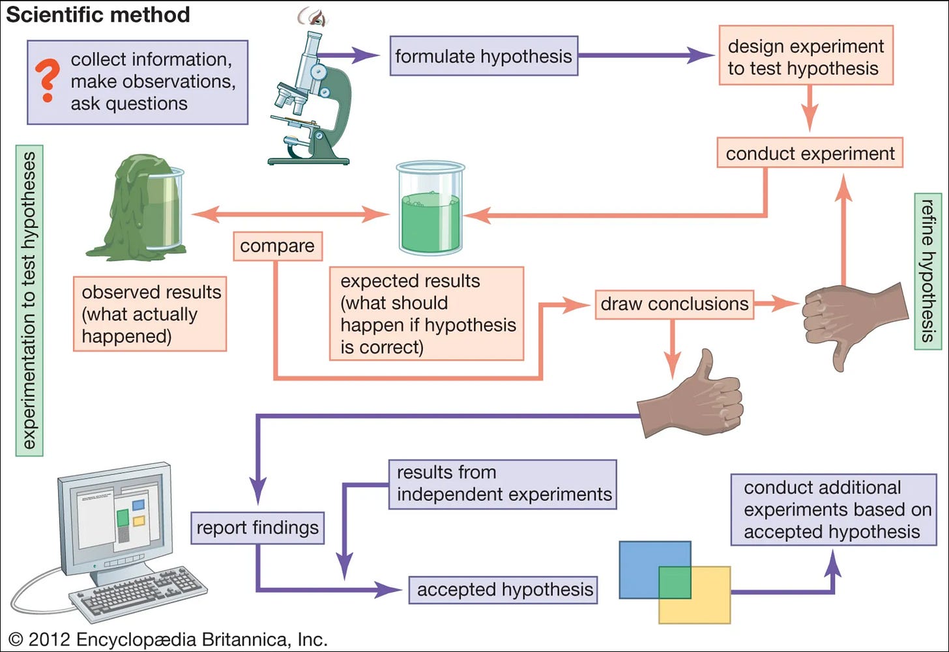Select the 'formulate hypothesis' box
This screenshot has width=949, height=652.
click(484, 56)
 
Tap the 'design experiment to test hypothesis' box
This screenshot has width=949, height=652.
click(806, 55)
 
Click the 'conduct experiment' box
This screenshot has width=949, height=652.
click(810, 152)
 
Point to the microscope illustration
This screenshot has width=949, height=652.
click(312, 98)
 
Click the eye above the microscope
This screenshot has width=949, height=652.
click(314, 18)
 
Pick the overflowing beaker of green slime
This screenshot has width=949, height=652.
click(138, 207)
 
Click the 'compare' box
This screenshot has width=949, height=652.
click(278, 246)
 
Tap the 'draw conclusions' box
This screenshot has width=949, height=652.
click(675, 304)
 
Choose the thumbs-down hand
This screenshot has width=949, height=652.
click(854, 322)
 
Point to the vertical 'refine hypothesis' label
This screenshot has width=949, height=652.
click(928, 272)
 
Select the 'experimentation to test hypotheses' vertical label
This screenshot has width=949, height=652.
click(29, 301)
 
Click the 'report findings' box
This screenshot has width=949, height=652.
click(257, 528)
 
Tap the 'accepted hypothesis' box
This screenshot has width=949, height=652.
click(503, 589)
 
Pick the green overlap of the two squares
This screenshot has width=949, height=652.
click(675, 582)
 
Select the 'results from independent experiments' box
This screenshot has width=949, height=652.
click(503, 485)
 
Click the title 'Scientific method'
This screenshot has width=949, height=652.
click(98, 14)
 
